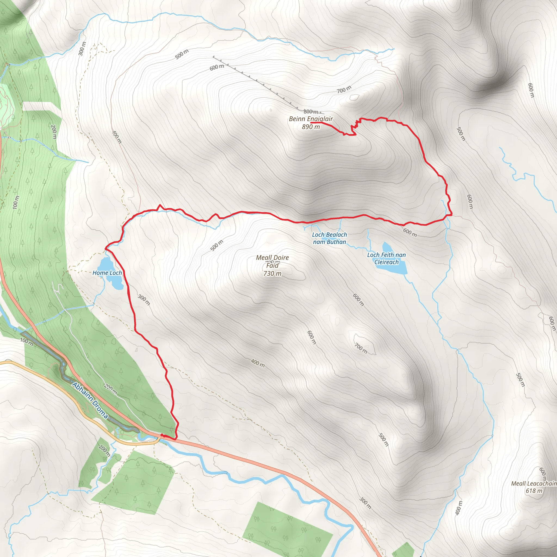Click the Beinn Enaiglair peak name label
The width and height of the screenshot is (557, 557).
[311, 119]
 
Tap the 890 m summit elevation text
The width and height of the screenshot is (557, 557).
[311, 127]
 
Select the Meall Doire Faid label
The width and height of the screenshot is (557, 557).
[272, 261]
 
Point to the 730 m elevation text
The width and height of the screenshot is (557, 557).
[272, 274]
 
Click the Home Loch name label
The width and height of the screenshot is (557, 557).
[107, 273]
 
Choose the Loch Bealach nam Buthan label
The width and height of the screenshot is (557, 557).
[330, 239]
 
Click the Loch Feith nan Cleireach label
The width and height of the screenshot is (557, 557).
[386, 258]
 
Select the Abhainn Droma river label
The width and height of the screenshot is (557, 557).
[90, 400]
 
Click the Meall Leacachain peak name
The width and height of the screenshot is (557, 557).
[534, 484]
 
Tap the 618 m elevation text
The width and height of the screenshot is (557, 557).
[534, 491]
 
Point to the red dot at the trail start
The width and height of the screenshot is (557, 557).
[162, 435]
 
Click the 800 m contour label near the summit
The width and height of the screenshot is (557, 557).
[311, 112]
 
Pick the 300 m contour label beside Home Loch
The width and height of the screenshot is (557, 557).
[144, 299]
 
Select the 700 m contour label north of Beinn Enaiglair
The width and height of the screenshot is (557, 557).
[344, 90]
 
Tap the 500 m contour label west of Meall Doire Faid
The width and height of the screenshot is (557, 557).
[216, 245]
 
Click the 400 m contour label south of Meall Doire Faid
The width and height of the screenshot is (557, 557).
[258, 363]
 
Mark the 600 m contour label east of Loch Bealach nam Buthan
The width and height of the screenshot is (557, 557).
[410, 232]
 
